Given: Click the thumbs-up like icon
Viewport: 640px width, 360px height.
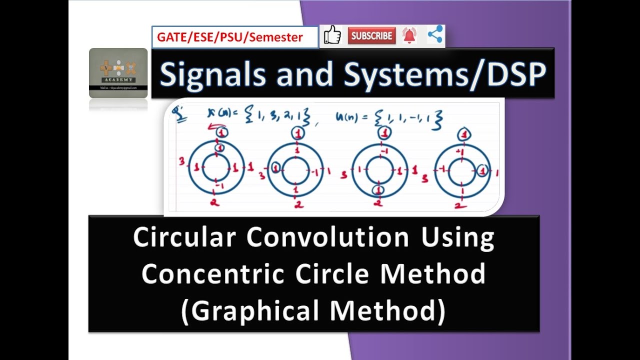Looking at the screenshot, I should [x=332, y=36].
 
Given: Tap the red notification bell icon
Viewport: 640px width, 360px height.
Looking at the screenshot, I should [x=409, y=36].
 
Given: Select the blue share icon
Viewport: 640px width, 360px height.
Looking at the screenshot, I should [x=435, y=35].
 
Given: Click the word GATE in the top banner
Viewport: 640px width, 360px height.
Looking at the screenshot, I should [x=169, y=37].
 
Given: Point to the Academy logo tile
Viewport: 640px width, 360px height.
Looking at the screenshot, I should [x=118, y=73].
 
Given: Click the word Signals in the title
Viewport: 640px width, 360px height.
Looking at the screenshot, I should [x=211, y=74].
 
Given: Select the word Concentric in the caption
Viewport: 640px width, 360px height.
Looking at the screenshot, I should [x=213, y=273].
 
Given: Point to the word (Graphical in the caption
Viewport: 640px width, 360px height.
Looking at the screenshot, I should [x=253, y=310].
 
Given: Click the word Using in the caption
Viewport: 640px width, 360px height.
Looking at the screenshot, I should [x=457, y=238].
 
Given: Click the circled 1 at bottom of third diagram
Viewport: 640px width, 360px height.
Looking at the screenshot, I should [x=378, y=190].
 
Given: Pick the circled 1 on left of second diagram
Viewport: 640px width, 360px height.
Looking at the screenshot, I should [x=275, y=169].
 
